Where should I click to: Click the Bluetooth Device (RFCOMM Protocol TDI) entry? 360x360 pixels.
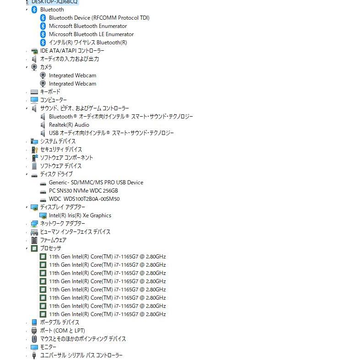[99, 18]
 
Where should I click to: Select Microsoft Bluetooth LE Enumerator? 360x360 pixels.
[91, 34]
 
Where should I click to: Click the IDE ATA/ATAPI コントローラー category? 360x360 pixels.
[72, 51]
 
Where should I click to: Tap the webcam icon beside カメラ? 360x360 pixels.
[34, 67]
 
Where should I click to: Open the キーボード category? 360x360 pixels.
[50, 92]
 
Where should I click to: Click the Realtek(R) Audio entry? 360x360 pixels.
[69, 125]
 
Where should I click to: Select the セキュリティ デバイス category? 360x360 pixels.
[61, 150]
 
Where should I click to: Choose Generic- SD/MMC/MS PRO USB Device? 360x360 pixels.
[96, 183]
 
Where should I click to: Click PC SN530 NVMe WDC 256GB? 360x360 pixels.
[83, 191]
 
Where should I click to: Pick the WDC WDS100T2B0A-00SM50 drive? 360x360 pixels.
[84, 199]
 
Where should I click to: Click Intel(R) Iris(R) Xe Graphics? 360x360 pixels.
[80, 215]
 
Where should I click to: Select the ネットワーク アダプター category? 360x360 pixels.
[63, 224]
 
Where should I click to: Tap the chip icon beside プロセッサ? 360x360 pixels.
[34, 248]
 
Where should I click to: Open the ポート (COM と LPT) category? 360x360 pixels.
[63, 331]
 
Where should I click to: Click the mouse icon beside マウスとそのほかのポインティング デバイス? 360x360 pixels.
[34, 339]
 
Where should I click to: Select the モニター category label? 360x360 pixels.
[48, 347]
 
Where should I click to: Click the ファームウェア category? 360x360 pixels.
[53, 240]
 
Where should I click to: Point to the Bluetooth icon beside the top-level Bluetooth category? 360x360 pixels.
[34, 10]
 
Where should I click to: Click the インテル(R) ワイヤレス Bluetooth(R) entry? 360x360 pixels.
[88, 43]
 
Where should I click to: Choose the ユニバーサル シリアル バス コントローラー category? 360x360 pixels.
[81, 355]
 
